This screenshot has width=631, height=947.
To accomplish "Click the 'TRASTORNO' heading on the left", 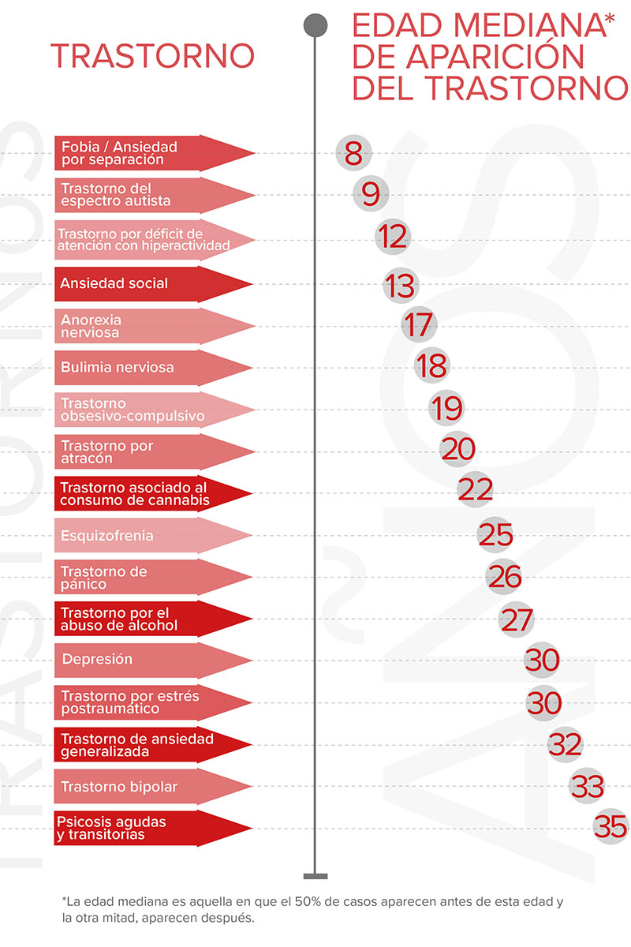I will pos(152,56).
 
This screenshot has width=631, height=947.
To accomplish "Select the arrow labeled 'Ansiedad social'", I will pos(150,283).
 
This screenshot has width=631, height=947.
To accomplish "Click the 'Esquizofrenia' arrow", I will pos(150,536).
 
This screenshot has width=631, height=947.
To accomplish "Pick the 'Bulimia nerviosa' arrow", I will pos(150,367).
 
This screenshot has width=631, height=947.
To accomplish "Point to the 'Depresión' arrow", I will pos(150,660).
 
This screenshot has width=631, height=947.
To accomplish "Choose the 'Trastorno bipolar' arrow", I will pos(150,786).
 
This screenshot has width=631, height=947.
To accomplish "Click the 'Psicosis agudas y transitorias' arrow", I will pos(150,828).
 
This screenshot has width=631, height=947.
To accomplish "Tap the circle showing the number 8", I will pos(353,152).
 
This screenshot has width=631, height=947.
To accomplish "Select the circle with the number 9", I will pos(371,193).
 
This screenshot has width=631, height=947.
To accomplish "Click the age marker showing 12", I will pos(392,237).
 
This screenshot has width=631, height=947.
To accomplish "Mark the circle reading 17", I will pos(418,324).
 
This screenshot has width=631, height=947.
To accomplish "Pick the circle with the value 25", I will pos(495,535).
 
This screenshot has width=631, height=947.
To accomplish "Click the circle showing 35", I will pos(610,826).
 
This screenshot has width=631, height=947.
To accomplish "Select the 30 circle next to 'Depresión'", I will pos(542,660).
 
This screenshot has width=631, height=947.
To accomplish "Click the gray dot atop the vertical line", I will pos(315,24).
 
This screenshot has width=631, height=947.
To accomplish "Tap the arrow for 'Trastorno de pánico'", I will pos(150,577).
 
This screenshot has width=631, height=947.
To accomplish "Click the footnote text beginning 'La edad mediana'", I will pos(312,909).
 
